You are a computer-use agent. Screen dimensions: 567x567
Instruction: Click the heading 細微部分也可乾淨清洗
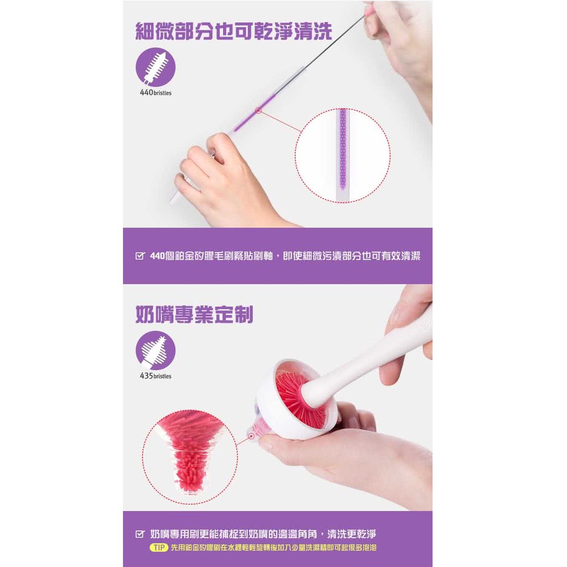coord(234,31)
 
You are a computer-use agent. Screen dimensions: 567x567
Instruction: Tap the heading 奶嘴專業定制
coord(194,315)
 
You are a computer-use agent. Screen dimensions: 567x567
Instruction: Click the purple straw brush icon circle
coord(156,67)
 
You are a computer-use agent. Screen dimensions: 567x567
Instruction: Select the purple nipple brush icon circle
coord(156,350)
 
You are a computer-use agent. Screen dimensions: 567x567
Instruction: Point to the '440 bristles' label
coord(156,92)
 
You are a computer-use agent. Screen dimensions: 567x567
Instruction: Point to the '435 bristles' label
coord(156,376)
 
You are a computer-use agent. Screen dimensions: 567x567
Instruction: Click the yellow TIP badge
coord(159,548)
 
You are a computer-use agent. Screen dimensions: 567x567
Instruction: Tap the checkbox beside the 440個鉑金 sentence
coord(140,256)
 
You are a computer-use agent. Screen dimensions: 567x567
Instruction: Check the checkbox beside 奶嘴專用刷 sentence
coord(140,534)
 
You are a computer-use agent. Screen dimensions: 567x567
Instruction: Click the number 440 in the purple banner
coord(157,256)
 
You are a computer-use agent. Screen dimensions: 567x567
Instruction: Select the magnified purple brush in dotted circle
coord(342,155)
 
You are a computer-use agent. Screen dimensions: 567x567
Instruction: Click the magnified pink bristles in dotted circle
coord(190,452)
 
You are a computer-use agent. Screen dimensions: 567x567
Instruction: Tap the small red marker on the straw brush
coord(258,111)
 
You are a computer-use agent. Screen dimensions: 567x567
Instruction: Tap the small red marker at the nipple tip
coord(251,437)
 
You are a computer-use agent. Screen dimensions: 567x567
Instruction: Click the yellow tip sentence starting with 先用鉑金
coord(274,548)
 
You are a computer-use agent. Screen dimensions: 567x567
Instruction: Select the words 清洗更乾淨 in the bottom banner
coord(352,534)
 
